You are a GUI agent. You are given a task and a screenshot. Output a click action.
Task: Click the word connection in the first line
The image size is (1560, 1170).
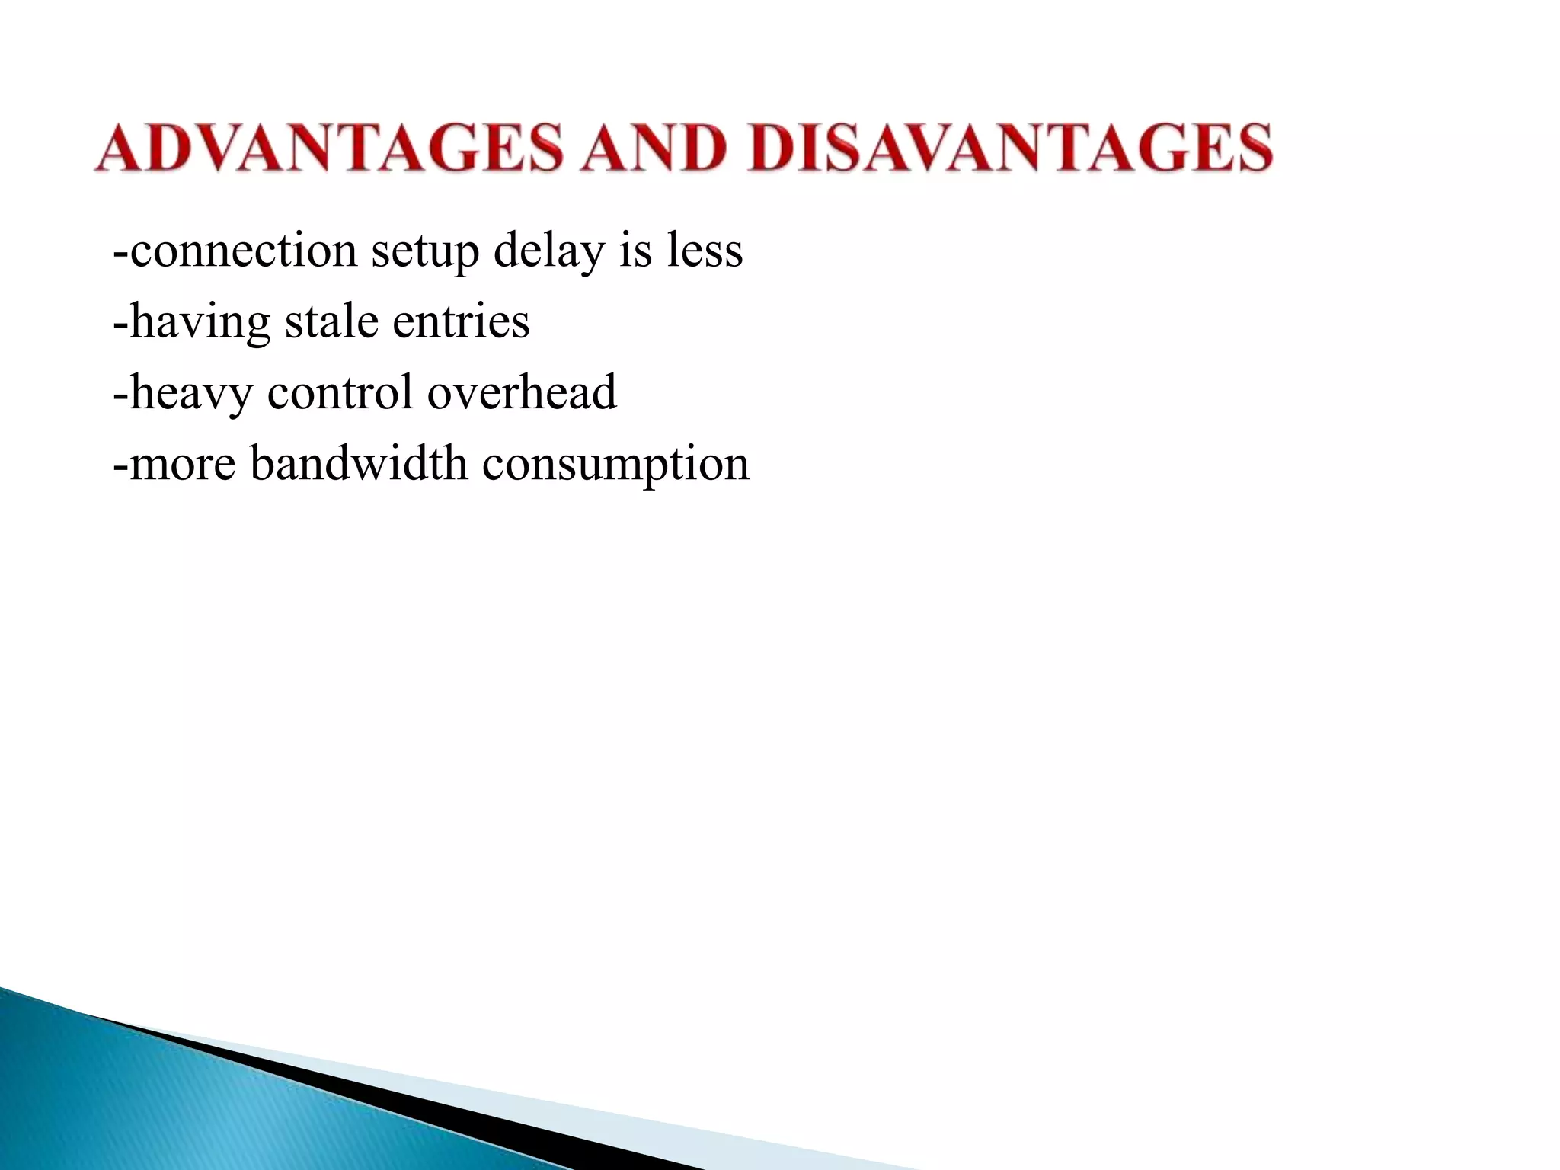point(243,251)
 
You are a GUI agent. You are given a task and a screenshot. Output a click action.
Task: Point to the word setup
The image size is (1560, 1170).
point(425,252)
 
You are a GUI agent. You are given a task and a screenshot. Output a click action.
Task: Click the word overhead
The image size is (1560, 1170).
point(522,392)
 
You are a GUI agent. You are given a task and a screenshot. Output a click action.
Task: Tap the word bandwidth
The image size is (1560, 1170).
point(359,463)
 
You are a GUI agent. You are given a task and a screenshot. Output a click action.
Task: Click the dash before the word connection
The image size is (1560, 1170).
point(120,252)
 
